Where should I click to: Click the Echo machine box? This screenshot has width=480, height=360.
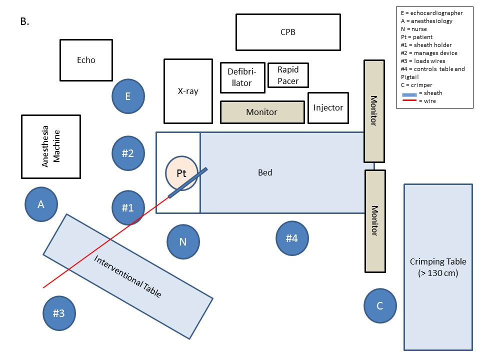(86, 60)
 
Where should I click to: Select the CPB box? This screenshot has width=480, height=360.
(288, 32)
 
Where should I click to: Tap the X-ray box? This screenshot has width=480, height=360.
(188, 91)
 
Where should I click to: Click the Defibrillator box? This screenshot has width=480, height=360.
(242, 77)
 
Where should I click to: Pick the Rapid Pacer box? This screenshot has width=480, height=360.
(288, 75)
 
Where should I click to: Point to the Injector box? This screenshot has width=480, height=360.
(328, 107)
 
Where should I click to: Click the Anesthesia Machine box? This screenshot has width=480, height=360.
(50, 146)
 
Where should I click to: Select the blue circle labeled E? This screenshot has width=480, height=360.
(128, 96)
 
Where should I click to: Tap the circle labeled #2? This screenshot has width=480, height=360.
(128, 153)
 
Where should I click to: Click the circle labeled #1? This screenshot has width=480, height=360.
(128, 207)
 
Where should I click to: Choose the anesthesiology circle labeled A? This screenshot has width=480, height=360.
(41, 204)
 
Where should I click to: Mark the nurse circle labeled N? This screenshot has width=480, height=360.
(183, 242)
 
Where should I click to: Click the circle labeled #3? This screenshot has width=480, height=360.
(59, 313)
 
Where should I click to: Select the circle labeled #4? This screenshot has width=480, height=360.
(292, 238)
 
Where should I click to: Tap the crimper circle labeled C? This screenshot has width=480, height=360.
(380, 305)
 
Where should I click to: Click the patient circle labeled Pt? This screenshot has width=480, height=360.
(181, 173)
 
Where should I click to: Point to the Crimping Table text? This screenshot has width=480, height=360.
(437, 267)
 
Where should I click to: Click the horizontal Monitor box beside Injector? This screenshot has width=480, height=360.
(262, 112)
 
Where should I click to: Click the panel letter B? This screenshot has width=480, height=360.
(24, 22)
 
